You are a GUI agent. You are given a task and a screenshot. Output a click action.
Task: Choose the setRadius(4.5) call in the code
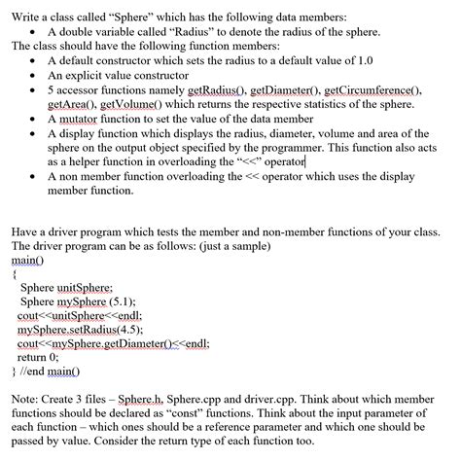[x=107, y=330]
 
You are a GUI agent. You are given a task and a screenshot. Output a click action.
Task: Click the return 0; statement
[x=39, y=357]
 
